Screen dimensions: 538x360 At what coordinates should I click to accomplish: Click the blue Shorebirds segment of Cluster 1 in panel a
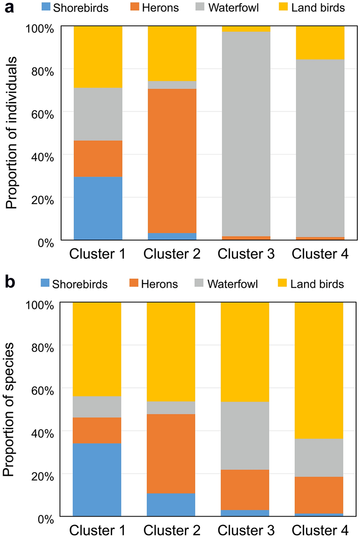98,208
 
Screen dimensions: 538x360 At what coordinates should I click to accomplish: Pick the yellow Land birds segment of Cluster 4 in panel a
320,42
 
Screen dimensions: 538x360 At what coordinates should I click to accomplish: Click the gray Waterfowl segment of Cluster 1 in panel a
98,114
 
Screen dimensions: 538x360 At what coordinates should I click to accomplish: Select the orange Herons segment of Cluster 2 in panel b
171,453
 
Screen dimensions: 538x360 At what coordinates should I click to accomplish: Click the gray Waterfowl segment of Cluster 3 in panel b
245,436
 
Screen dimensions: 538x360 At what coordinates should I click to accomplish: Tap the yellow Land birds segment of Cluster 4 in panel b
319,370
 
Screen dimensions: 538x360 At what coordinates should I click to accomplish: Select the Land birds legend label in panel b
317,284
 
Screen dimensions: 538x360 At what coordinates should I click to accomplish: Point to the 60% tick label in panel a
42,112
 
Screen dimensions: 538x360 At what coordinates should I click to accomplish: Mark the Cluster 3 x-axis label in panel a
246,254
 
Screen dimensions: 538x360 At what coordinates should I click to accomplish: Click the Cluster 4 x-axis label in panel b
320,530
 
